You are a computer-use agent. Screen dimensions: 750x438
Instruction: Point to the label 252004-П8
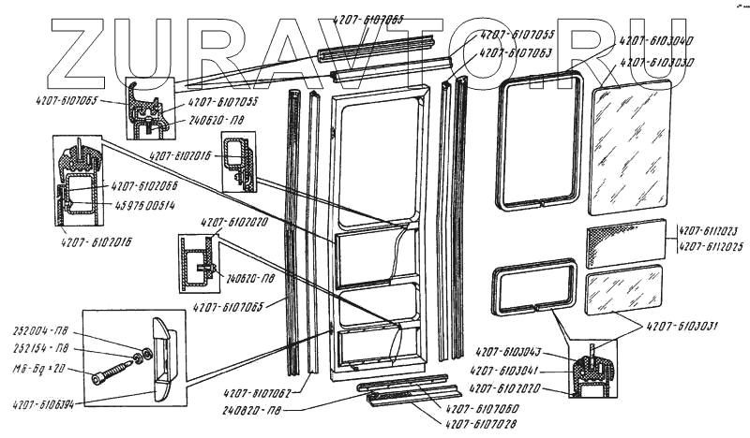(37, 332)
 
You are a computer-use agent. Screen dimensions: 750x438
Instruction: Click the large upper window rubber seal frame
(540, 140)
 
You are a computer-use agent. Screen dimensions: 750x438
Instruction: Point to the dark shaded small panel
(625, 244)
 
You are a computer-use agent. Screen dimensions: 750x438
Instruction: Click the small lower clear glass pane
(623, 291)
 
